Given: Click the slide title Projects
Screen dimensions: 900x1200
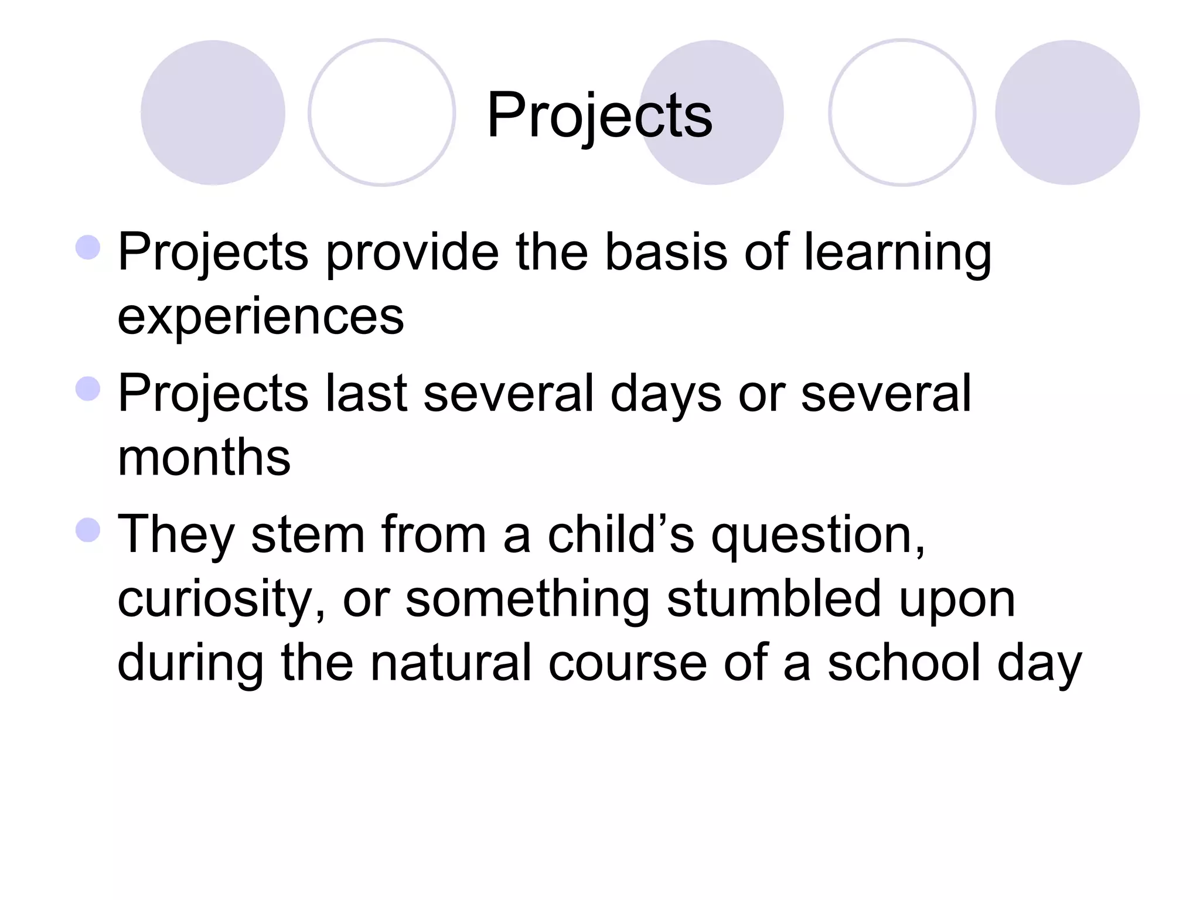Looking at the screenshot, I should click(x=599, y=115).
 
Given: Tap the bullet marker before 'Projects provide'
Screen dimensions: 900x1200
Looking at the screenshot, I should click(x=88, y=247).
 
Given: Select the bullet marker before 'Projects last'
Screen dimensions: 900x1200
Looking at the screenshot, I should click(x=88, y=388).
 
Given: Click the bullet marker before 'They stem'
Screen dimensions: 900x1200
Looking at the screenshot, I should click(x=88, y=530).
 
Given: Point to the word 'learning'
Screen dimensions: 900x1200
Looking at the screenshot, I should click(x=897, y=253).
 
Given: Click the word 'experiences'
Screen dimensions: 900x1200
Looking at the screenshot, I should click(x=261, y=317).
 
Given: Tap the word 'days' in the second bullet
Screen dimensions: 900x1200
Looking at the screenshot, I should click(x=666, y=393).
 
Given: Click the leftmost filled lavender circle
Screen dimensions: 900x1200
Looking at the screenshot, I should click(x=213, y=112).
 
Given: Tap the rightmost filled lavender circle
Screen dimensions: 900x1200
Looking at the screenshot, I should click(x=1067, y=112).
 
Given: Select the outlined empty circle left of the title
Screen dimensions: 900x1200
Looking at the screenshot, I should click(x=382, y=112).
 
